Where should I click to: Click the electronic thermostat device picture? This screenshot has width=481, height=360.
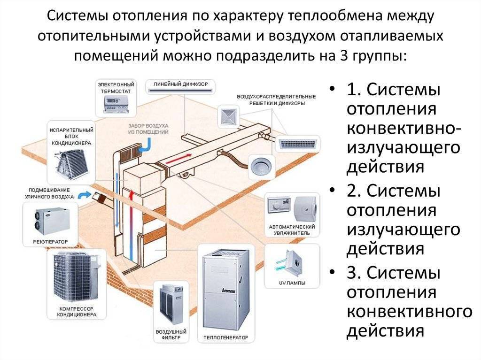point(116,103)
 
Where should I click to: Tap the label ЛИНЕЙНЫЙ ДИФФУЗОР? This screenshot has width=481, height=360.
point(181,84)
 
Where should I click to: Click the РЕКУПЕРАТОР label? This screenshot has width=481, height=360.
point(50,242)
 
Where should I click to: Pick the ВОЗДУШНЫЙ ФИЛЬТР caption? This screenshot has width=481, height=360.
point(171,335)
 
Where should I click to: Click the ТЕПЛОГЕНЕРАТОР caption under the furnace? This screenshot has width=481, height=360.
point(226,337)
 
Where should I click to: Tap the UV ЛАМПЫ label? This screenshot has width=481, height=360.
point(292,283)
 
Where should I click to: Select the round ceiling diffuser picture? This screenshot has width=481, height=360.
point(261,167)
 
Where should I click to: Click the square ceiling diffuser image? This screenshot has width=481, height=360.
point(229,117)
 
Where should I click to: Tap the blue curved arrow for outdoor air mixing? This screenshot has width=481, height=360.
point(85,195)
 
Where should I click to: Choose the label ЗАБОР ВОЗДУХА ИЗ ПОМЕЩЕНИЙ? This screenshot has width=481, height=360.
point(148,129)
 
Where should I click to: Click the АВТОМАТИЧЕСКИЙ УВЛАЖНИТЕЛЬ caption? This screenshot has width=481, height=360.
point(292,230)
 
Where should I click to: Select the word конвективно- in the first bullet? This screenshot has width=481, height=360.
point(404,128)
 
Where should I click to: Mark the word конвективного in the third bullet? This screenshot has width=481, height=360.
point(410,312)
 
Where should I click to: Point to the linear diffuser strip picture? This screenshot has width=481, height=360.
point(180,90)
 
